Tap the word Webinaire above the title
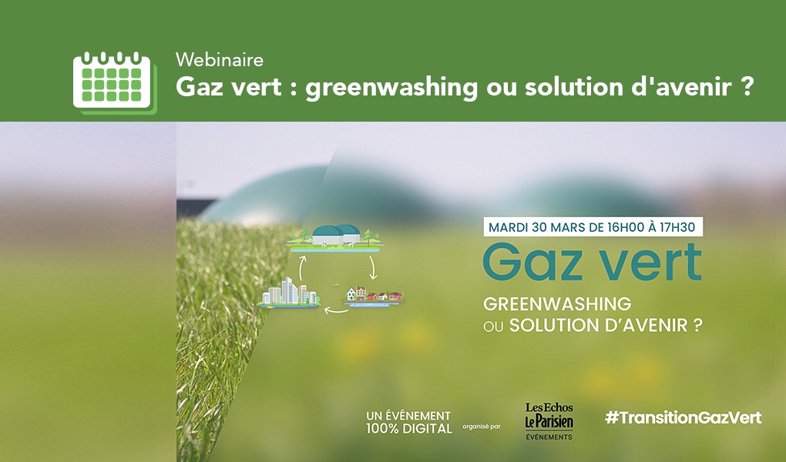220,59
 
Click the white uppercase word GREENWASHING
556,303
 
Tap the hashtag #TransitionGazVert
683,417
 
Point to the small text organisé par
482,426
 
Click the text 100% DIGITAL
408,428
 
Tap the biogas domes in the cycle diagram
336,233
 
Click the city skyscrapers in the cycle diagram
290,292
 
